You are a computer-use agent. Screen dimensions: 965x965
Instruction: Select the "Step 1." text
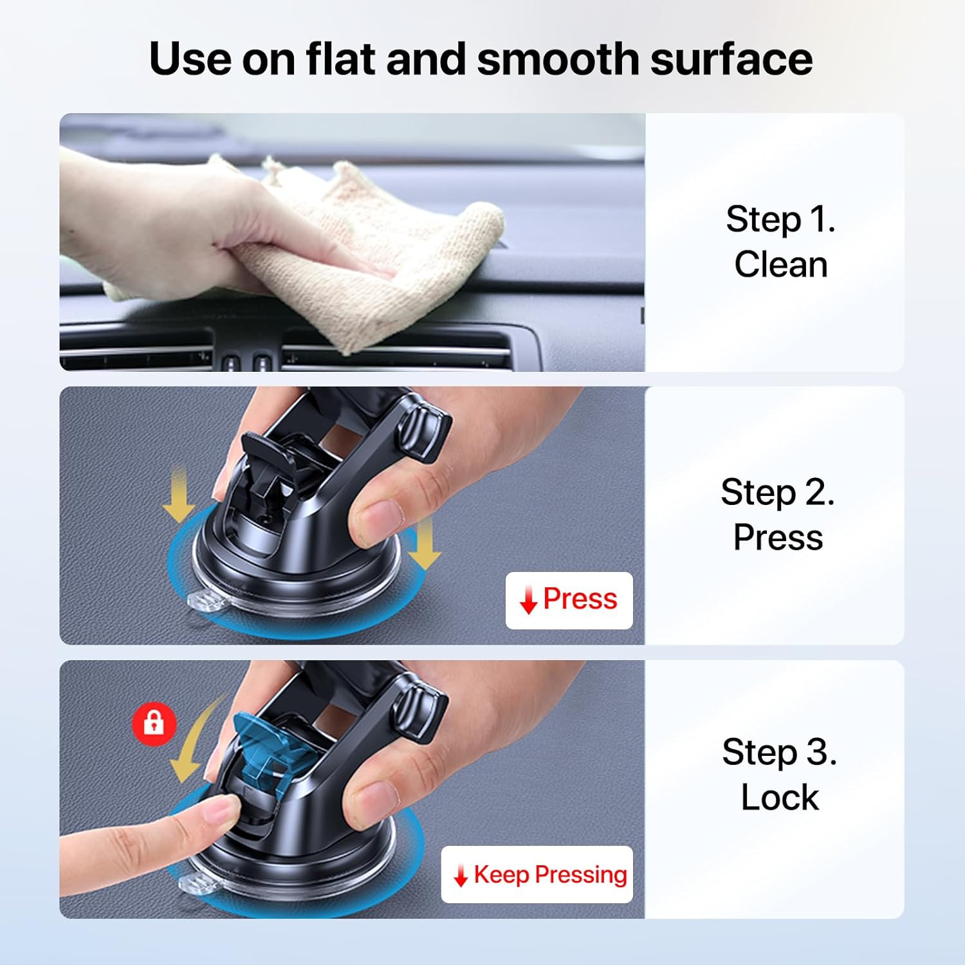click(x=780, y=219)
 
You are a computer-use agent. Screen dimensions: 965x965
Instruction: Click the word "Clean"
click(x=780, y=264)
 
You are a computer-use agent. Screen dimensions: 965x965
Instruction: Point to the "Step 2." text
click(x=777, y=493)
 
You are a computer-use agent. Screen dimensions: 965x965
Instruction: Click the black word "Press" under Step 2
click(x=777, y=537)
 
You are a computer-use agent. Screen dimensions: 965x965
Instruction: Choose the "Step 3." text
click(x=779, y=752)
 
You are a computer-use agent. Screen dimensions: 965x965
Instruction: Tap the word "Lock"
click(x=779, y=798)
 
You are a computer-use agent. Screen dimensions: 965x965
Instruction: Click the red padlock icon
click(x=154, y=724)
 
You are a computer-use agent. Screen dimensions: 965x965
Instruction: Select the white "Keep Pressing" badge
click(x=537, y=874)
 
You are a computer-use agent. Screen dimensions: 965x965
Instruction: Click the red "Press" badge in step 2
click(x=569, y=600)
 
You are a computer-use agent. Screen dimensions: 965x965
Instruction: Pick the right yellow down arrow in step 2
click(x=423, y=544)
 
